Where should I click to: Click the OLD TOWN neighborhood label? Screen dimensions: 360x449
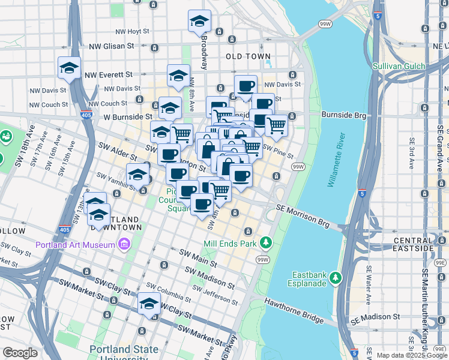click(248, 56)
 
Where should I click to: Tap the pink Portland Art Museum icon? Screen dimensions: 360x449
click(124, 244)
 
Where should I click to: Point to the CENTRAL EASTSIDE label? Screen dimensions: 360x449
click(414, 244)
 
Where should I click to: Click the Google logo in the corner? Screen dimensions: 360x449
click(20, 352)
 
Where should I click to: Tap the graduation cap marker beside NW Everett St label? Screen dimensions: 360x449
click(69, 68)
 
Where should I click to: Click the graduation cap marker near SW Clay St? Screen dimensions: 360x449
click(149, 304)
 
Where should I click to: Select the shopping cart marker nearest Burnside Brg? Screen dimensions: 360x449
click(276, 126)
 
